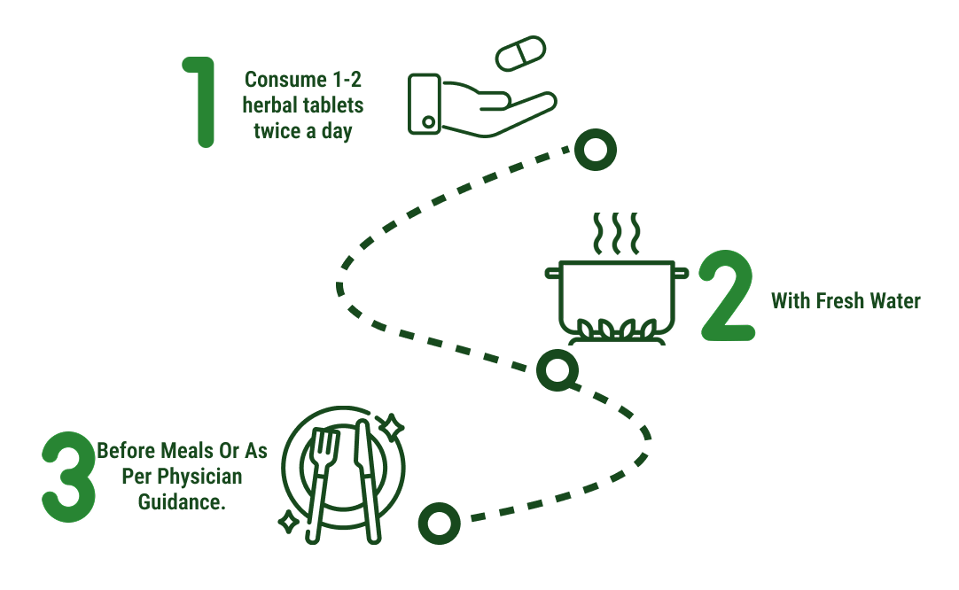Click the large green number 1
(203, 102)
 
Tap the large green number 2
(726, 297)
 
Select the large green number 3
(68, 477)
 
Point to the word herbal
(269, 105)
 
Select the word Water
(893, 301)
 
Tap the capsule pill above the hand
(522, 53)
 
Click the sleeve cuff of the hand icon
(425, 104)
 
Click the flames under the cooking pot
(613, 330)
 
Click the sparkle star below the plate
(288, 522)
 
